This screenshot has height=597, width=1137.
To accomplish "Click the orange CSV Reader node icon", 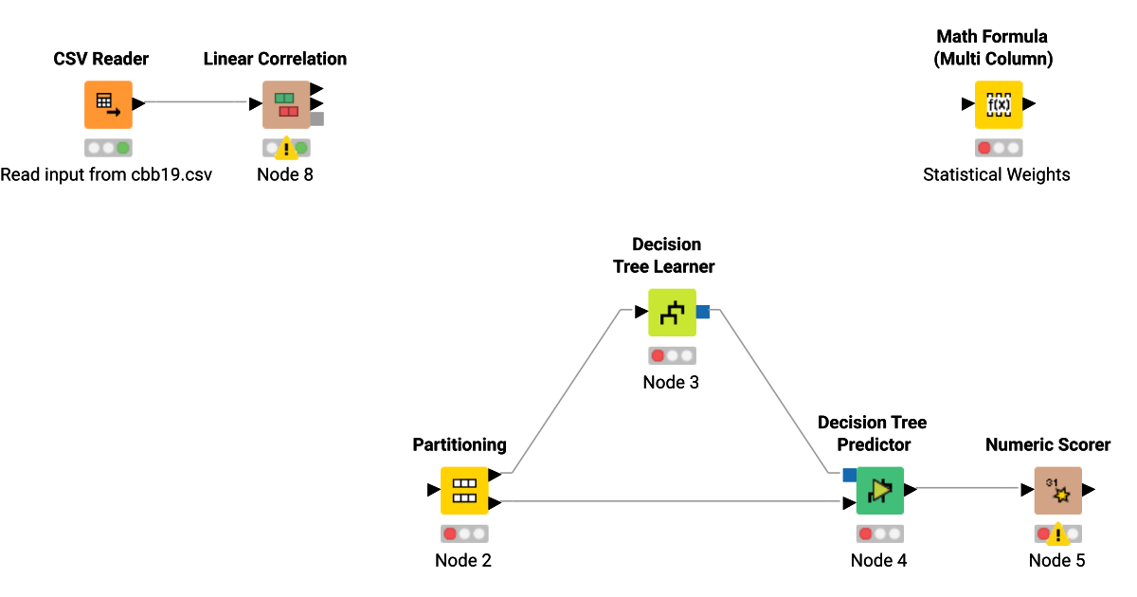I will (x=108, y=104).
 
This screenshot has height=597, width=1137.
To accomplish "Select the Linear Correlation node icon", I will (x=286, y=104).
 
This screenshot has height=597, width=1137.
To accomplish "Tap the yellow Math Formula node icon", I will (x=999, y=104).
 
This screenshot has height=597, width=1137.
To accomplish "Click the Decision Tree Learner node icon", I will (x=672, y=313).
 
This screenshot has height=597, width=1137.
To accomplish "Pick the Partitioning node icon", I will (x=463, y=490).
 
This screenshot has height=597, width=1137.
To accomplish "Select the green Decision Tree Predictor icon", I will (x=879, y=490).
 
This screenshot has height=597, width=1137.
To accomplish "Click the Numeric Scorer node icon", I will (x=1057, y=490).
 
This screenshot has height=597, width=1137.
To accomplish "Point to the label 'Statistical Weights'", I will (x=997, y=174).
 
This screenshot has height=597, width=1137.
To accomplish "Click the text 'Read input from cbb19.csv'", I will (x=106, y=174).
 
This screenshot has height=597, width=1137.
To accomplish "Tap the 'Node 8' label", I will (x=285, y=174).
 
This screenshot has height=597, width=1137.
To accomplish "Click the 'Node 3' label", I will (x=671, y=382).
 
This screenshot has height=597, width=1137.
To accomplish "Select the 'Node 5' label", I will (x=1057, y=560).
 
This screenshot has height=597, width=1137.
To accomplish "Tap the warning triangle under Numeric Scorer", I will (x=1057, y=535).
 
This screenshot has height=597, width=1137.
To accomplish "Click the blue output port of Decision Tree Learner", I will (x=703, y=311).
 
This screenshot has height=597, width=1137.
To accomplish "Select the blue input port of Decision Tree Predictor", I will (x=849, y=475).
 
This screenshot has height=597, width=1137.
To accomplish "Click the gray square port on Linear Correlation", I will (x=317, y=118).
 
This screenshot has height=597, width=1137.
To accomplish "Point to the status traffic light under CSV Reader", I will (x=108, y=148).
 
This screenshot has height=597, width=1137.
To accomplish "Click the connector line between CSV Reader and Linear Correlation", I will (x=199, y=103).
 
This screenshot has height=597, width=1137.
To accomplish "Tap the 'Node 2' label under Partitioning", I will (x=463, y=560).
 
